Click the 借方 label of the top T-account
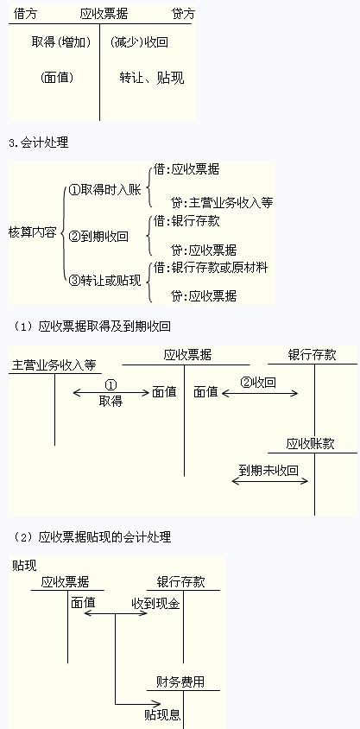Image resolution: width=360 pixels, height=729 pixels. point(25,14)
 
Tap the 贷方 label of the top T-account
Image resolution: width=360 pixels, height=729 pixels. point(183,14)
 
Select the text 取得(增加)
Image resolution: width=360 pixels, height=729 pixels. point(60,42)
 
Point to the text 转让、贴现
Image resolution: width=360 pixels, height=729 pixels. point(151,78)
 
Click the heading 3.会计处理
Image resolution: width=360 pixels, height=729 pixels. point(39,143)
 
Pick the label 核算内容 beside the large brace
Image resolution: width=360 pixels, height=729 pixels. point(33,232)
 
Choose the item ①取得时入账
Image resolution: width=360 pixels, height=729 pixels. point(104,190)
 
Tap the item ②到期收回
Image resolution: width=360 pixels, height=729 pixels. point(98,237)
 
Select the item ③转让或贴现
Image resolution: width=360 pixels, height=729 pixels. point(104,282)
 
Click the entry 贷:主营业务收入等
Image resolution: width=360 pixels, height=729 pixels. point(222,203)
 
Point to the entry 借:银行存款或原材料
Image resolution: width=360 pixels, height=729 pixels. point(211,268)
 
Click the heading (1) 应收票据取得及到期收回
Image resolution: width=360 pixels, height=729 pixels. point(92,326)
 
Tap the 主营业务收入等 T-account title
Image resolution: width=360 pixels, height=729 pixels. point(54,365)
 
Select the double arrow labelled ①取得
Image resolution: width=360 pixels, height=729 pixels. point(111,393)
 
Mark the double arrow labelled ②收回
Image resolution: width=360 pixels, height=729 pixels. point(260,393)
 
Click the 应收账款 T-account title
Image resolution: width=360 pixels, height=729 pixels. point(310,444)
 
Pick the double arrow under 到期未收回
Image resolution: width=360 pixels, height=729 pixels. point(270,481)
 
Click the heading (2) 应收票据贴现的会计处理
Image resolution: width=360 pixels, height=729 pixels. point(92,537)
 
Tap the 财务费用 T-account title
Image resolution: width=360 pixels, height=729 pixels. point(180,682)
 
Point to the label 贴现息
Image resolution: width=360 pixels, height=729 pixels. point(162,714)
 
